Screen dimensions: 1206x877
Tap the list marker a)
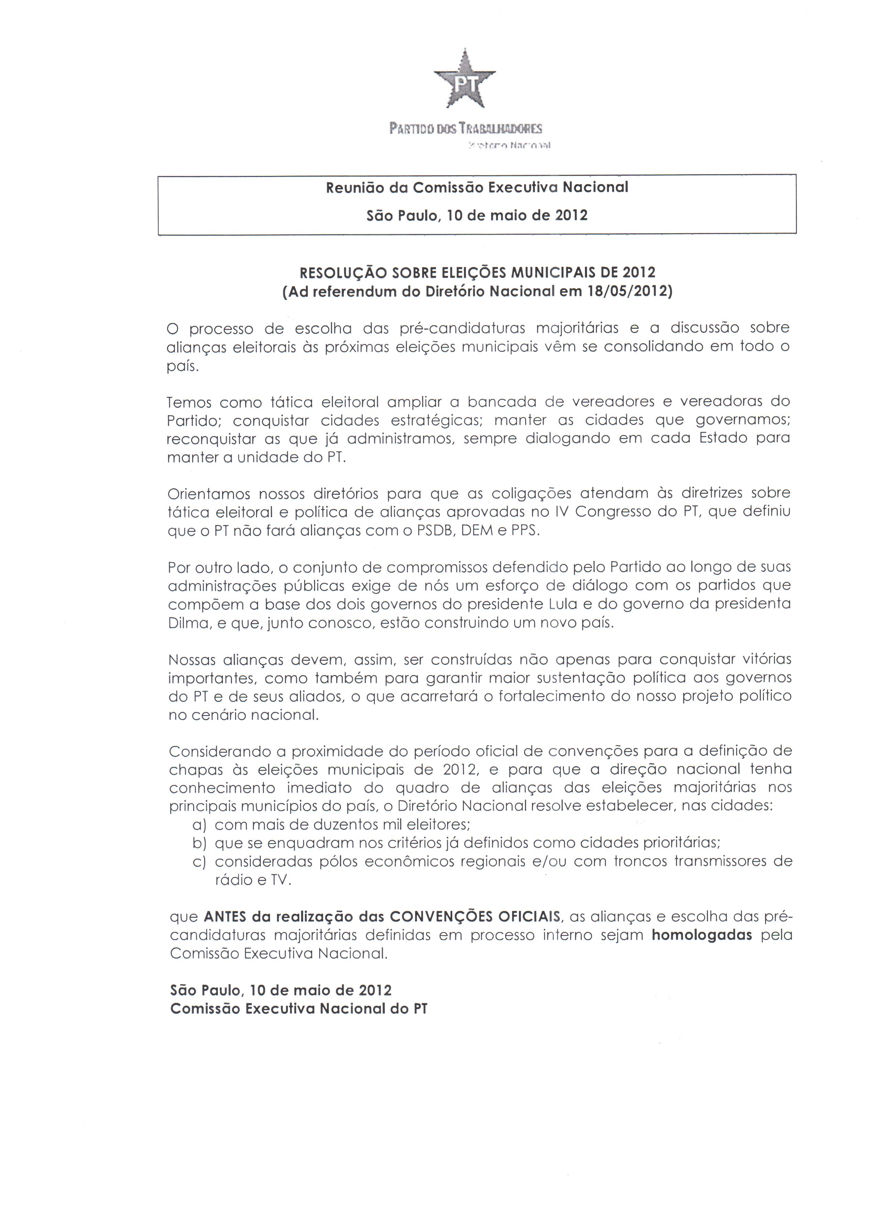click(x=199, y=825)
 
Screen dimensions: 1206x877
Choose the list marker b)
click(x=199, y=844)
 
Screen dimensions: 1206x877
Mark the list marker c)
click(x=199, y=862)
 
